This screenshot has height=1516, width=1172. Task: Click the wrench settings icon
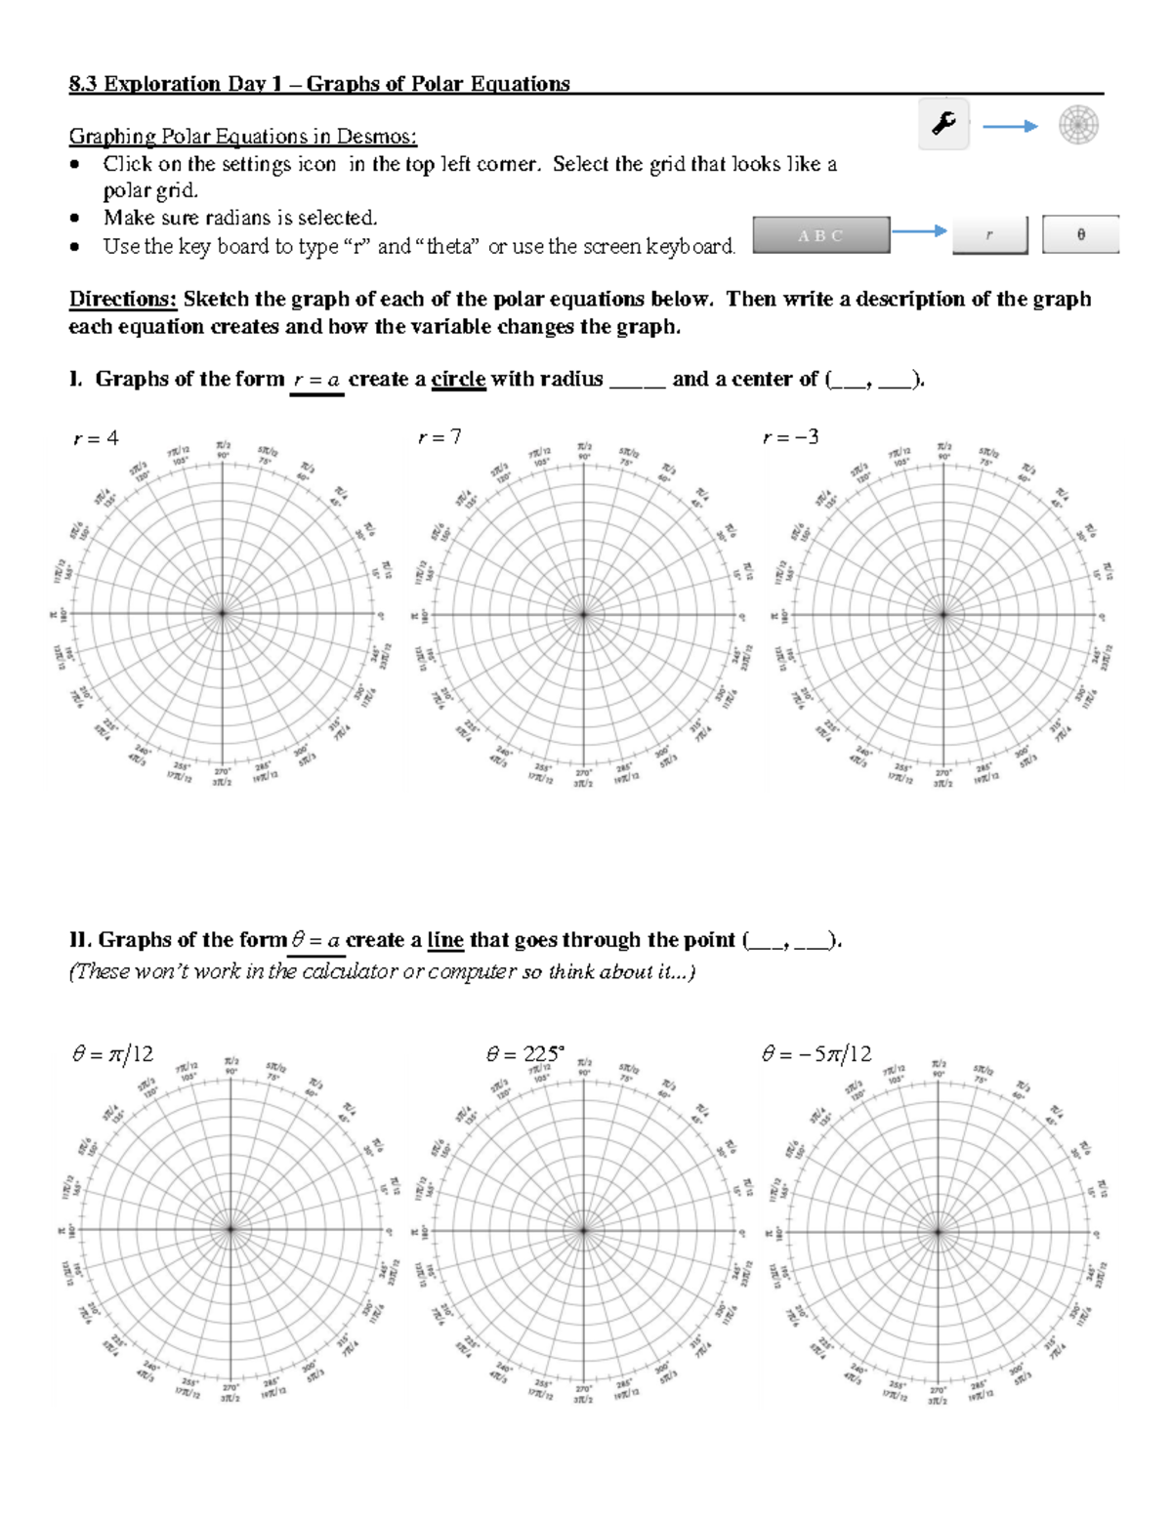point(943,124)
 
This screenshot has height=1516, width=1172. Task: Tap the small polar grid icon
point(1079,125)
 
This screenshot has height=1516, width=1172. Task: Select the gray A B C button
point(820,235)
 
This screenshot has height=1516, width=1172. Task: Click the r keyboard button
point(989,235)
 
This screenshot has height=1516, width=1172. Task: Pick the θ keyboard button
point(1080,235)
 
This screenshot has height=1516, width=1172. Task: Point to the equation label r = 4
point(96,438)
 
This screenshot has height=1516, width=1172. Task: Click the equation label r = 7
point(439,438)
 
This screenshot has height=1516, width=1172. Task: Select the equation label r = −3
point(790,438)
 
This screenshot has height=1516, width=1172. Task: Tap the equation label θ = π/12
point(112,1053)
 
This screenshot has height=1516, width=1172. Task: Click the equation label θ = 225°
point(524,1053)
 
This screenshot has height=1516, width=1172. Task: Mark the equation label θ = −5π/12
point(816,1053)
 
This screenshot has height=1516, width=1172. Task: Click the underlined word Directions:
point(122,300)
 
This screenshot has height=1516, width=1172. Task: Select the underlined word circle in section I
point(458,380)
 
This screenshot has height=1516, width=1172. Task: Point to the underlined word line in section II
point(445,940)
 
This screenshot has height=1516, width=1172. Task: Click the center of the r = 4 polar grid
point(223,614)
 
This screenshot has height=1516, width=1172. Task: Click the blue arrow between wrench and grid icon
point(1009,126)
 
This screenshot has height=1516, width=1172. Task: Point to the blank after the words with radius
point(637,381)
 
